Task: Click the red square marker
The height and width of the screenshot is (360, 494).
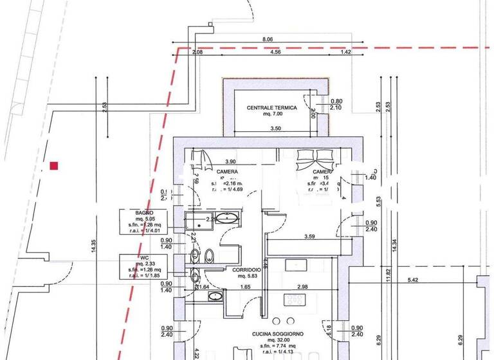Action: (x=54, y=166)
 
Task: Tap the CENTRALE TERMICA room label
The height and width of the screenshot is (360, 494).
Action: (x=272, y=108)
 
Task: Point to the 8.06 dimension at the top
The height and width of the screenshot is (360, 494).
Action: (x=268, y=39)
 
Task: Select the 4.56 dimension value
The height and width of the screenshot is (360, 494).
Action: (x=275, y=52)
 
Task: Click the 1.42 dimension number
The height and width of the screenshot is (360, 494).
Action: (x=345, y=52)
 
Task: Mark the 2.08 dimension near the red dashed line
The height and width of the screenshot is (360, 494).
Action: (x=197, y=52)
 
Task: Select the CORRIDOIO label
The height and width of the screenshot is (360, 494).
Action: (x=246, y=269)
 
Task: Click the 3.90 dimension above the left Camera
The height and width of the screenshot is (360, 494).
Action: (x=230, y=162)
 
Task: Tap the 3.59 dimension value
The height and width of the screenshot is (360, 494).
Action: (x=309, y=237)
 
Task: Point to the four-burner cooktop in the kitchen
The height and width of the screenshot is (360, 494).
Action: (x=295, y=300)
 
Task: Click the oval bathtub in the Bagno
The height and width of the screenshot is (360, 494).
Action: (x=226, y=217)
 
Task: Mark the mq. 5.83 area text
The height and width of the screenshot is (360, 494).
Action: (x=247, y=276)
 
